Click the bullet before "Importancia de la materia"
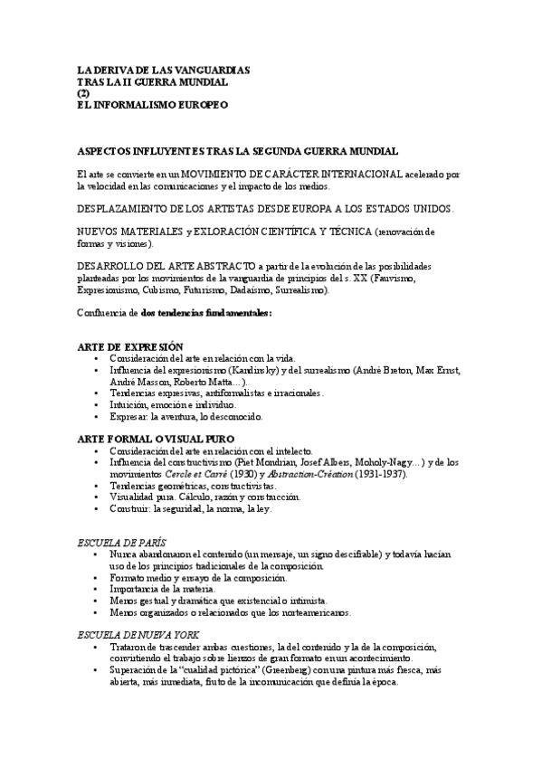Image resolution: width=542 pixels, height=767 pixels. (96, 589)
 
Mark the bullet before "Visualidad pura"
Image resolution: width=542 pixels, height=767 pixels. (96, 497)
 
